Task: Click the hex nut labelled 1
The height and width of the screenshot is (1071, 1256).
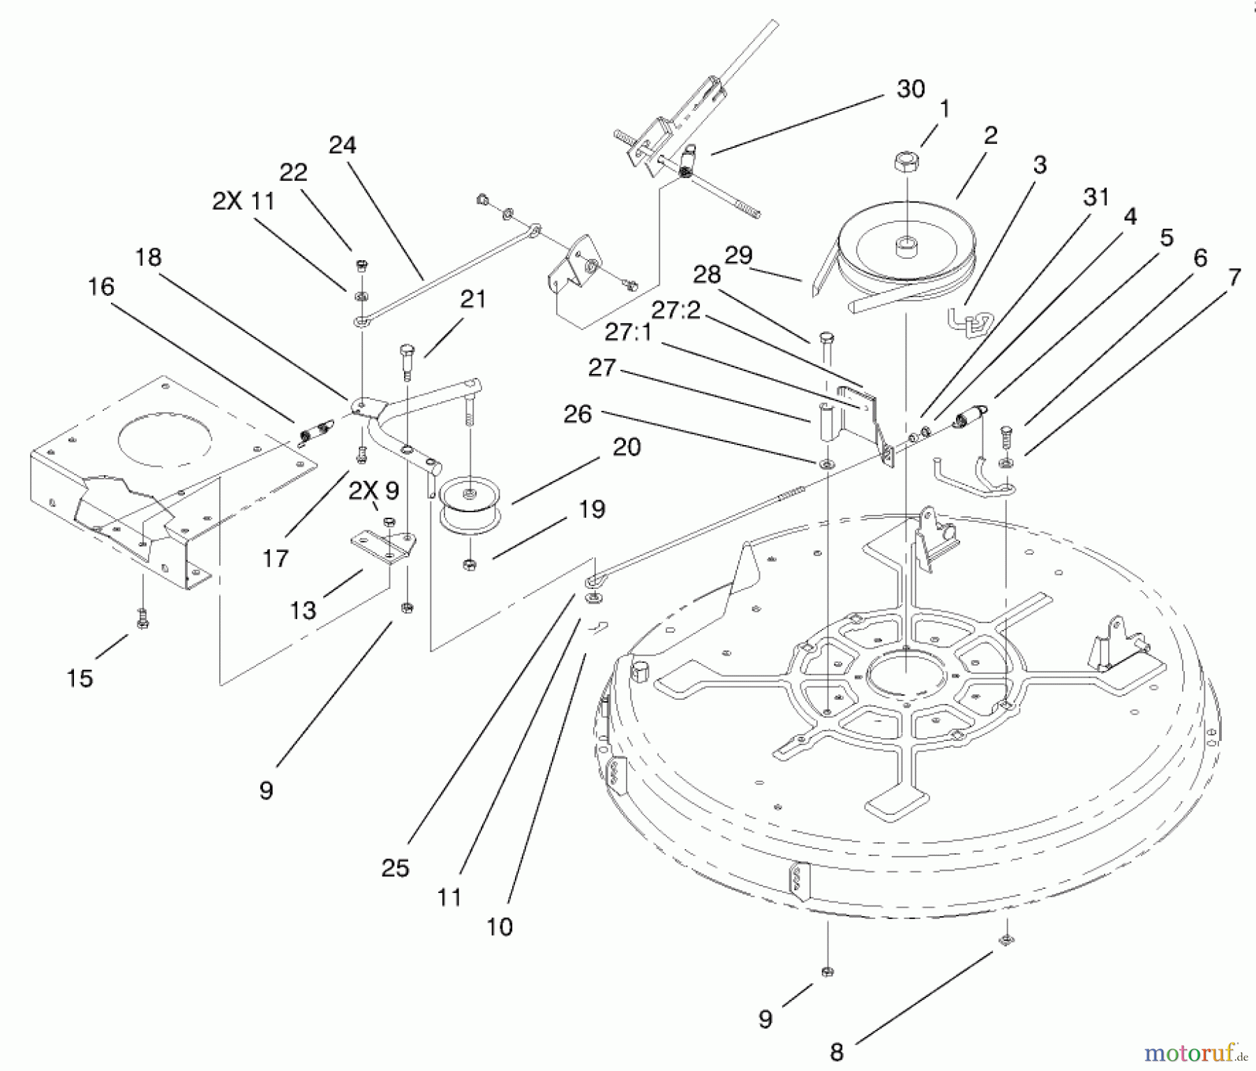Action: coord(906,163)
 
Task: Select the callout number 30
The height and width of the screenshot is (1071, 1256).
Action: coord(910,89)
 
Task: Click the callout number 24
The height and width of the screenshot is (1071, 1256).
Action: coord(342,145)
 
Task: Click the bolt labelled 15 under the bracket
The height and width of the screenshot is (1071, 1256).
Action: coord(142,618)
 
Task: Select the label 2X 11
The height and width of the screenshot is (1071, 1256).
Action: coord(244,202)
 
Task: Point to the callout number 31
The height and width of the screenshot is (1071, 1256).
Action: coord(1096,197)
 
